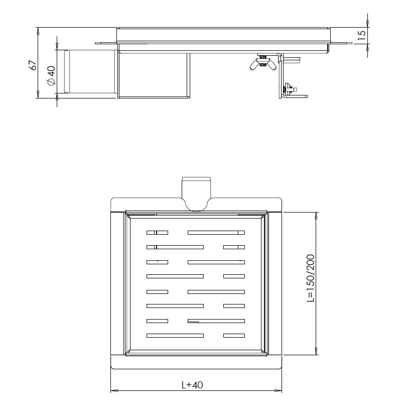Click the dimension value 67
pos(33,65)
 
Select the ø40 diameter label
pos(50,75)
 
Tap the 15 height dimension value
pos(361,35)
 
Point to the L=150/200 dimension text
pos(310,278)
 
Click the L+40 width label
pos(192,385)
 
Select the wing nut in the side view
pos(262,64)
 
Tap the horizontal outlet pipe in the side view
pos(90,71)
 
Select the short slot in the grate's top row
pos(157,232)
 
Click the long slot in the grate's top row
pos(216,232)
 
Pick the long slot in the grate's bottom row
pos(175,335)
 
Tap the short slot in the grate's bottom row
pos(234,335)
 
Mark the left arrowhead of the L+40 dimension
pos(113,390)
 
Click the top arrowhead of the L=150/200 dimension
pos(316,215)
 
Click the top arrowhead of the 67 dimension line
pos(39,30)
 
